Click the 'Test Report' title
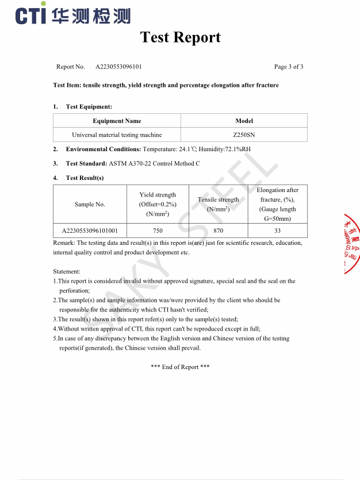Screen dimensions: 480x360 click(x=180, y=37)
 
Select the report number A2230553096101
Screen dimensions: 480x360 click(x=118, y=67)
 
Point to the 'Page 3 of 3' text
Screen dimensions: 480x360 click(x=289, y=67)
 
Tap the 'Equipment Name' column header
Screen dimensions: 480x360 click(x=117, y=121)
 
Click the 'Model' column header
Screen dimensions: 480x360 click(x=244, y=121)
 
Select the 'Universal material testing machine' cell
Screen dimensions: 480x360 click(x=117, y=135)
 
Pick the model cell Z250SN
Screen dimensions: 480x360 click(x=244, y=135)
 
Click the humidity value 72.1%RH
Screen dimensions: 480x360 click(x=238, y=149)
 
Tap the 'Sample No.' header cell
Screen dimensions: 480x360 click(x=90, y=204)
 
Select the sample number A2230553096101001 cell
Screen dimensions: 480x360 click(x=90, y=231)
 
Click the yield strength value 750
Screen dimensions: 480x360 click(x=158, y=231)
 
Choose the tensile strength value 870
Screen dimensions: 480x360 click(x=218, y=231)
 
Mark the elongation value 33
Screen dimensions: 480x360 click(x=277, y=231)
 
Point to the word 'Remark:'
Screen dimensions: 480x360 click(x=64, y=243)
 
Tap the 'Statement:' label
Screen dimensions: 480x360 click(x=67, y=271)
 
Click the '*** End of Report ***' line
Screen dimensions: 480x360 click(x=180, y=367)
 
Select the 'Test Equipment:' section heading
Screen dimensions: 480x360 click(x=89, y=106)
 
